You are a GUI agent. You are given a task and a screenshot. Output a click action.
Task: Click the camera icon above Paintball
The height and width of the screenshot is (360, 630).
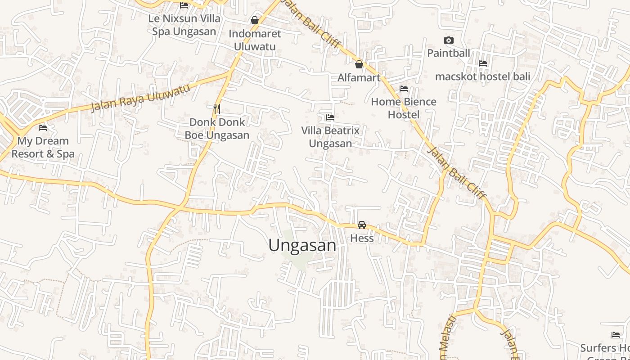pos(448,40)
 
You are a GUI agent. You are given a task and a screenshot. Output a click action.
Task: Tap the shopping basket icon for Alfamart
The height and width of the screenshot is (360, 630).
pos(359,64)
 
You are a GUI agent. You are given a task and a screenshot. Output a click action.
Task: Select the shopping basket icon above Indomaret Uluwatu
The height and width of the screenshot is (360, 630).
pos(255,20)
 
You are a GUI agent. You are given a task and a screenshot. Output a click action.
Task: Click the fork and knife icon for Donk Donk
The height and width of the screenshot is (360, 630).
pos(217,108)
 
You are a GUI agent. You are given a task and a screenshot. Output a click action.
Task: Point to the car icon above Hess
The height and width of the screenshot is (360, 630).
pos(362,225)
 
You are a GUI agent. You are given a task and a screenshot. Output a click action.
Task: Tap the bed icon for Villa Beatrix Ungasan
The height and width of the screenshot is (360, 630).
pos(330,117)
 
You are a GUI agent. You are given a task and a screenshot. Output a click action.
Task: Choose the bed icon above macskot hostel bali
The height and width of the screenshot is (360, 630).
pos(483,63)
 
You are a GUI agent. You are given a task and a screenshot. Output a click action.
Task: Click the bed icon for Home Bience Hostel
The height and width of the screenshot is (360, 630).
pos(404,89)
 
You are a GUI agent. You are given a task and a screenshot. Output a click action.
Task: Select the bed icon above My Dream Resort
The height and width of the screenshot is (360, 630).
pos(43,128)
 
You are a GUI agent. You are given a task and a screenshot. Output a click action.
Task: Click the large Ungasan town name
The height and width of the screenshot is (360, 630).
pos(302,245)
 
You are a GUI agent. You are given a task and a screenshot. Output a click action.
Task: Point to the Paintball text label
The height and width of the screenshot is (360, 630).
pos(448,53)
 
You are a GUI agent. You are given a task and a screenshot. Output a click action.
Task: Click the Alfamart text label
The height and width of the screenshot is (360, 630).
pos(359,77)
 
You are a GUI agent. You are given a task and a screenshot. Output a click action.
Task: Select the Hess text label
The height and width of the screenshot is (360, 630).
pos(362,238)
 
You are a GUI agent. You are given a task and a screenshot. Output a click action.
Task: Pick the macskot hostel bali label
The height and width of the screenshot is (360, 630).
pos(482,76)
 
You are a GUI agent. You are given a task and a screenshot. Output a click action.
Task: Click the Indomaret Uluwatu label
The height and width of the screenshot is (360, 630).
pos(255,40)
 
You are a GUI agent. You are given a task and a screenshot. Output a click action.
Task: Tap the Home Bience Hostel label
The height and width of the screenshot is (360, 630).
pos(404,108)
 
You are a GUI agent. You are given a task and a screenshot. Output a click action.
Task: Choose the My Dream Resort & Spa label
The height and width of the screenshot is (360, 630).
pos(43,147)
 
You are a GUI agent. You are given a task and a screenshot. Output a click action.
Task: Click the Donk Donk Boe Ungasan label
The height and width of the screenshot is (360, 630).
pos(217,128)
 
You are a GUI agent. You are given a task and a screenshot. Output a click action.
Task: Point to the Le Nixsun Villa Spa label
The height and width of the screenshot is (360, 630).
pos(184,25)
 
